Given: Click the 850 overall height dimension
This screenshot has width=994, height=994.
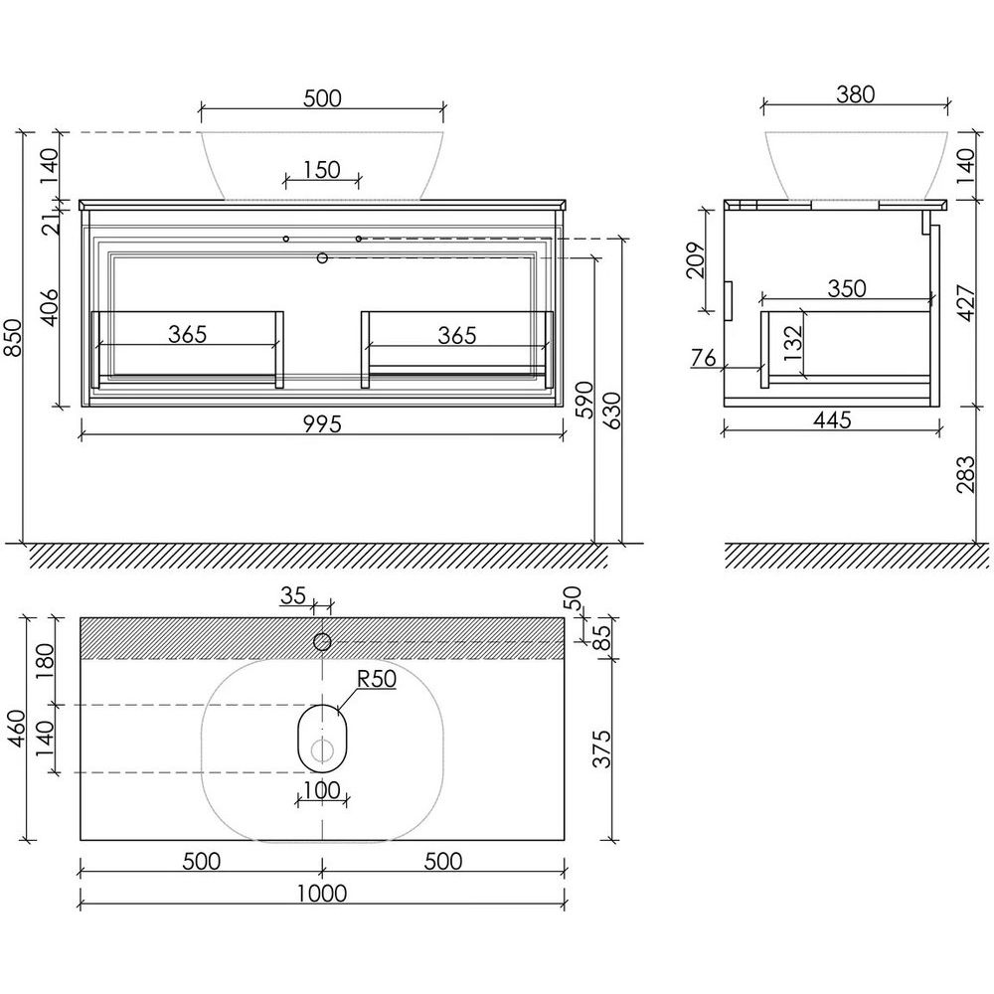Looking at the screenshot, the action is [15, 337].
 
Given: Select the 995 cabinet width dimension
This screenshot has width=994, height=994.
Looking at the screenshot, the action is [322, 423].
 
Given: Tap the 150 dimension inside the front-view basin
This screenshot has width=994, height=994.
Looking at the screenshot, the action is [322, 169].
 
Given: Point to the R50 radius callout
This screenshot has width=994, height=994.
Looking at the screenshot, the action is [377, 678].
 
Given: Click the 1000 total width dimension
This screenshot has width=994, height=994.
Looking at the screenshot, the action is [322, 894].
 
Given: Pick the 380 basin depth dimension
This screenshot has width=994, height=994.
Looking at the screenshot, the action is [855, 93].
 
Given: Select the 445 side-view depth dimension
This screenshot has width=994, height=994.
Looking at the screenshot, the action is [832, 419].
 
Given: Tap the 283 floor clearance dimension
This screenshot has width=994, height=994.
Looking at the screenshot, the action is [965, 474].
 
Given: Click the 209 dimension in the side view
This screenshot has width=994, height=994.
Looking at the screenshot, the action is [696, 259].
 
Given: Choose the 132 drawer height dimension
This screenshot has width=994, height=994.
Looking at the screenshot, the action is [793, 343].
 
